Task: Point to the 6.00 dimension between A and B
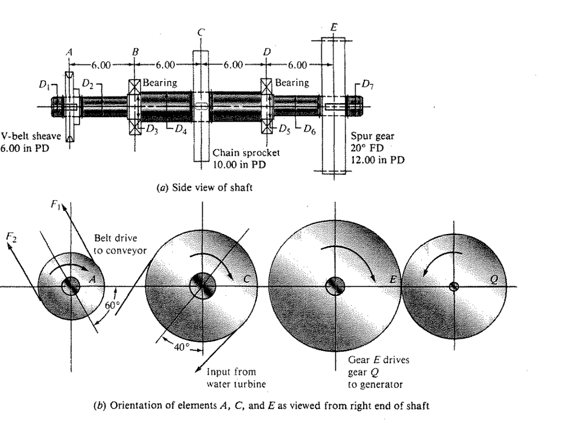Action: coord(101,65)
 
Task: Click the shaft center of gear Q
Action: coord(454,286)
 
